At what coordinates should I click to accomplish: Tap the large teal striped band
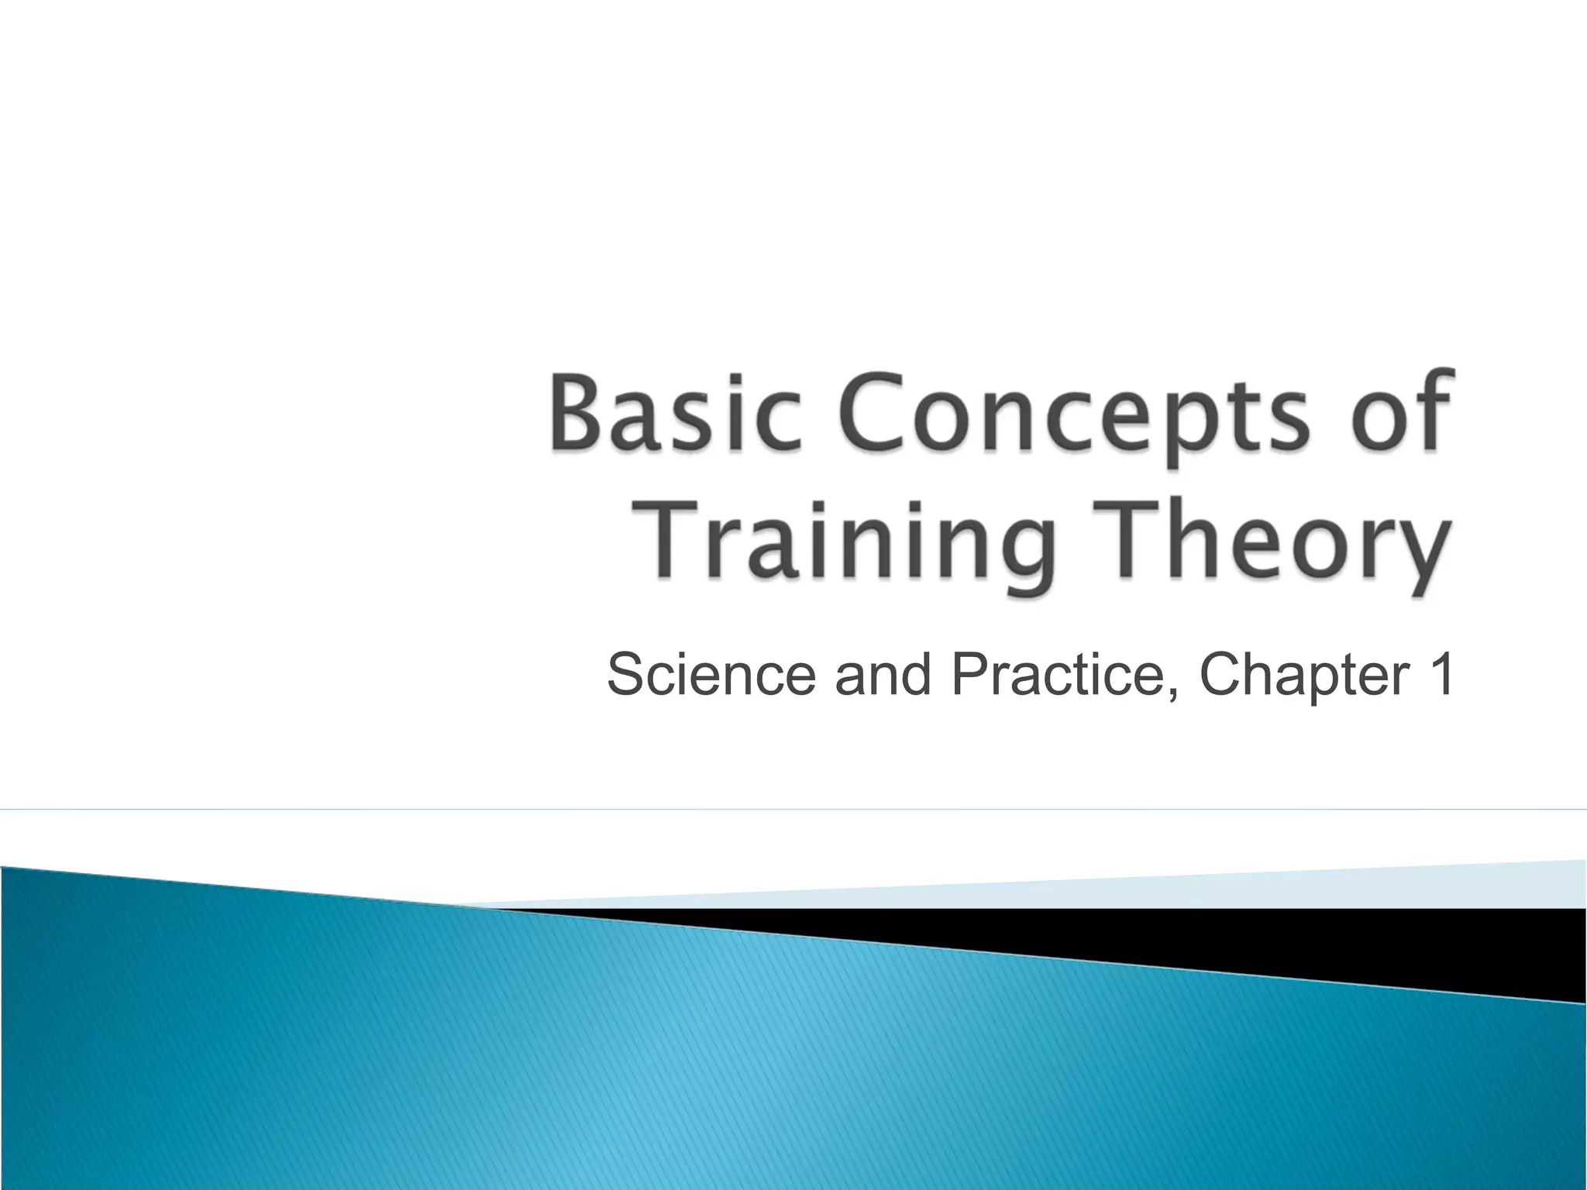point(697,1069)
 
